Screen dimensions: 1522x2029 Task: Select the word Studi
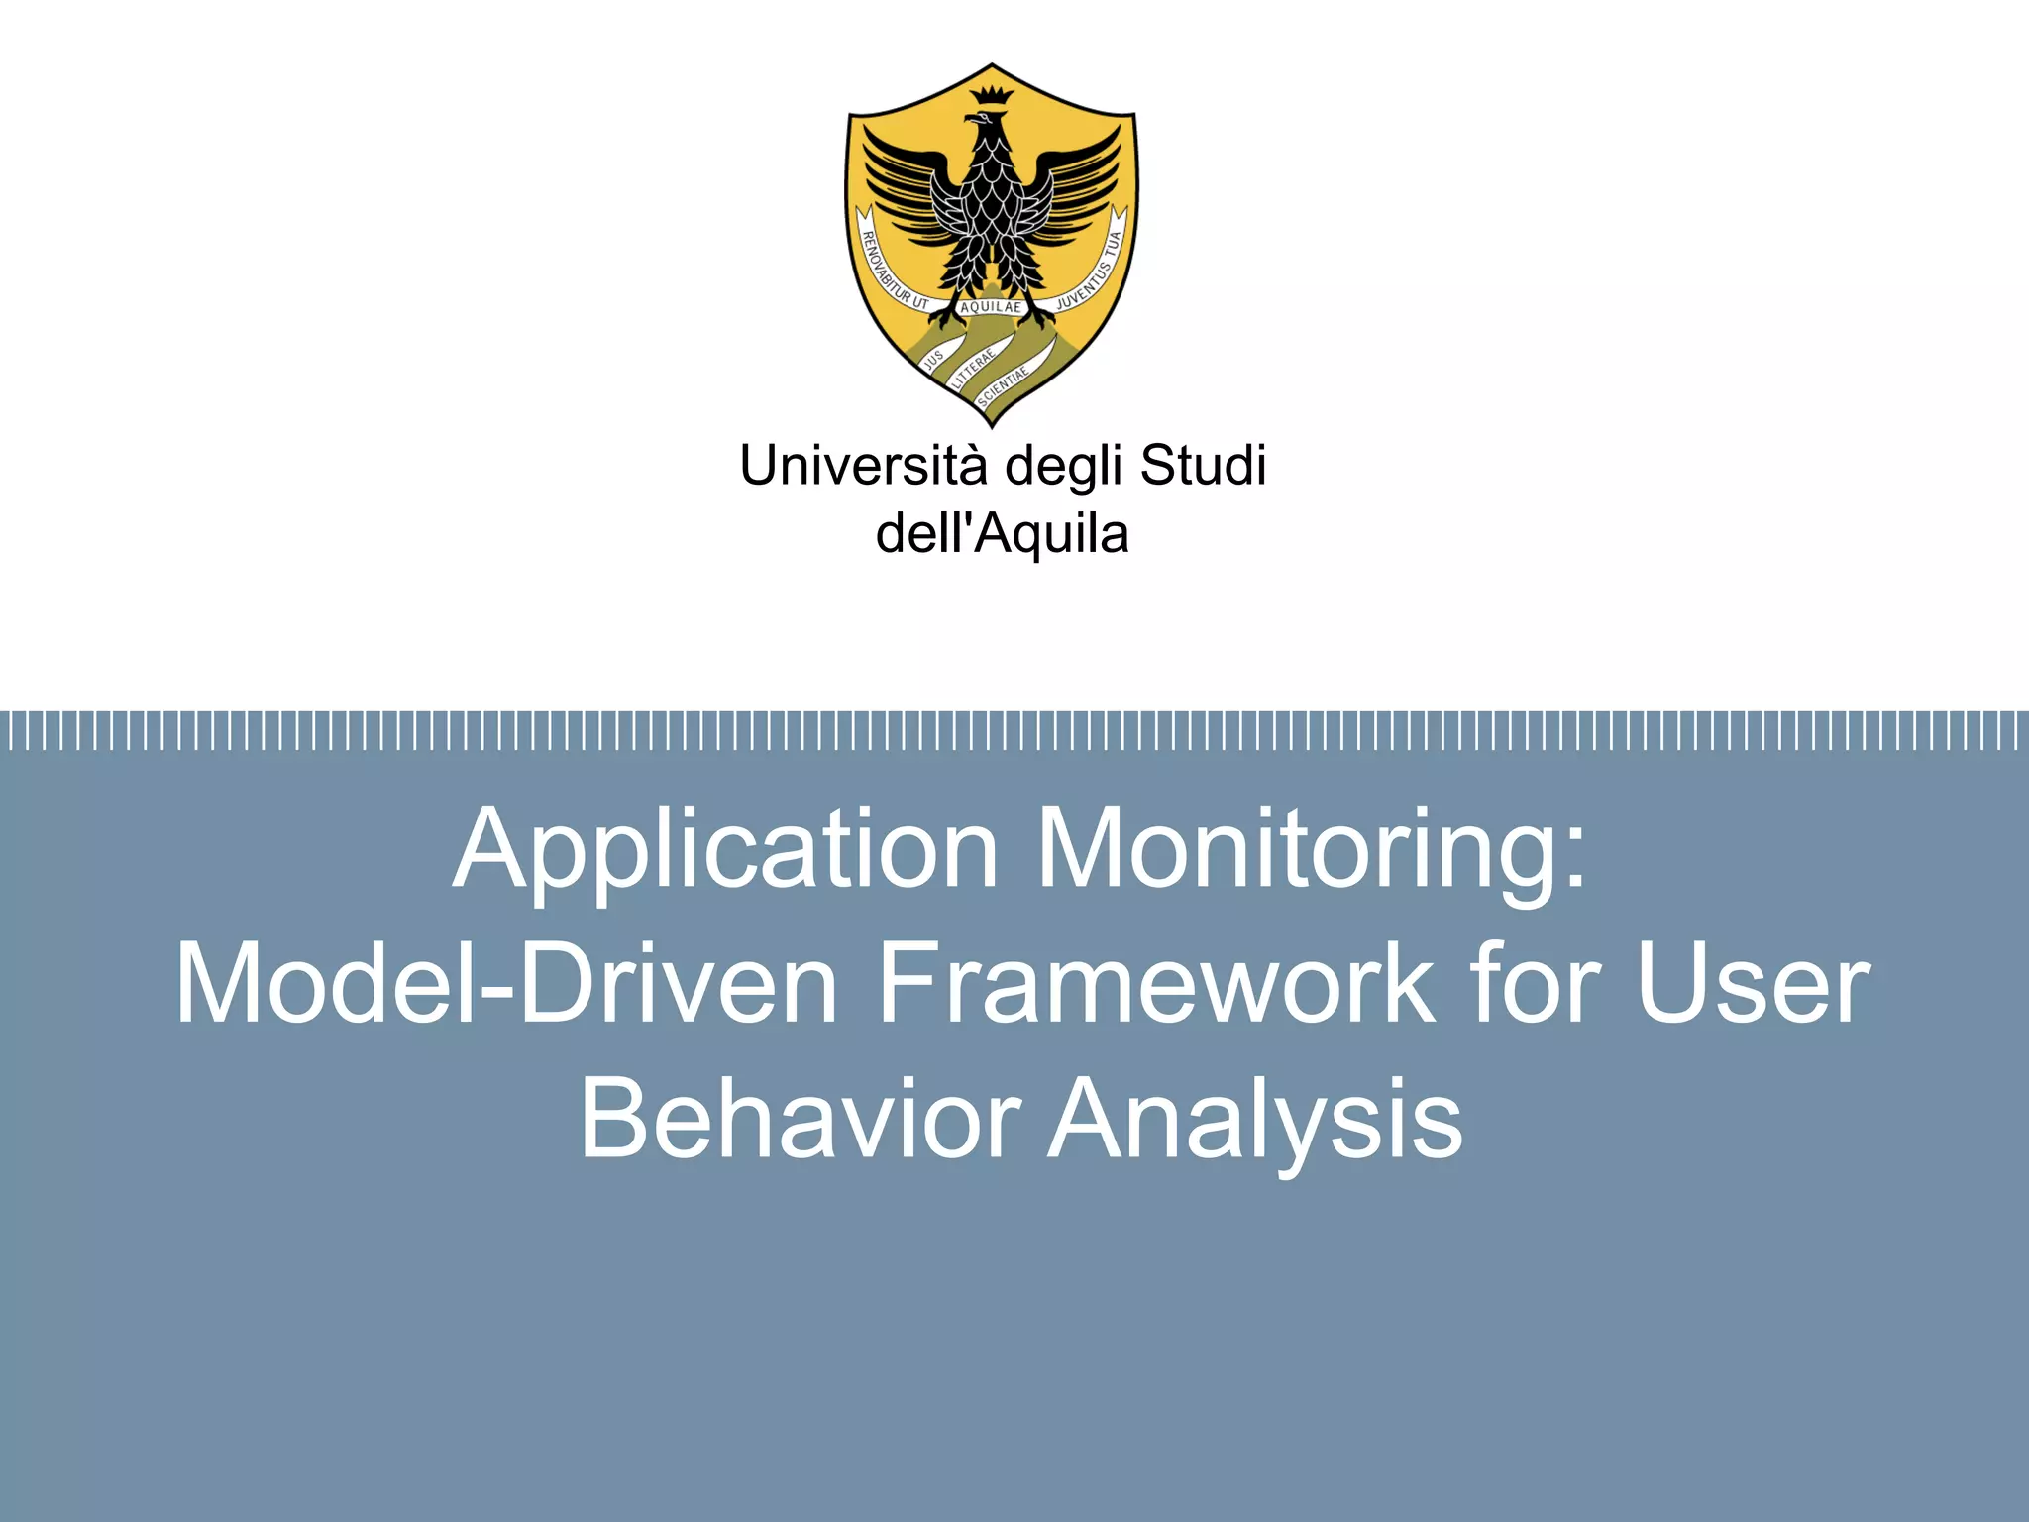pyautogui.click(x=1203, y=466)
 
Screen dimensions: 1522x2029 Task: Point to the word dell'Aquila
pyautogui.click(x=1002, y=534)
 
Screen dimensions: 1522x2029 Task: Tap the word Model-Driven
pyautogui.click(x=506, y=985)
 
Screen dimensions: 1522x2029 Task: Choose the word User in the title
pyautogui.click(x=1753, y=985)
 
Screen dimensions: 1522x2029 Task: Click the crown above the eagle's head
pyautogui.click(x=992, y=96)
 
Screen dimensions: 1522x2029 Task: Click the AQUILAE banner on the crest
pyautogui.click(x=991, y=307)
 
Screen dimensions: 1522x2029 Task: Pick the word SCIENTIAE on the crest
pyautogui.click(x=1003, y=385)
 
